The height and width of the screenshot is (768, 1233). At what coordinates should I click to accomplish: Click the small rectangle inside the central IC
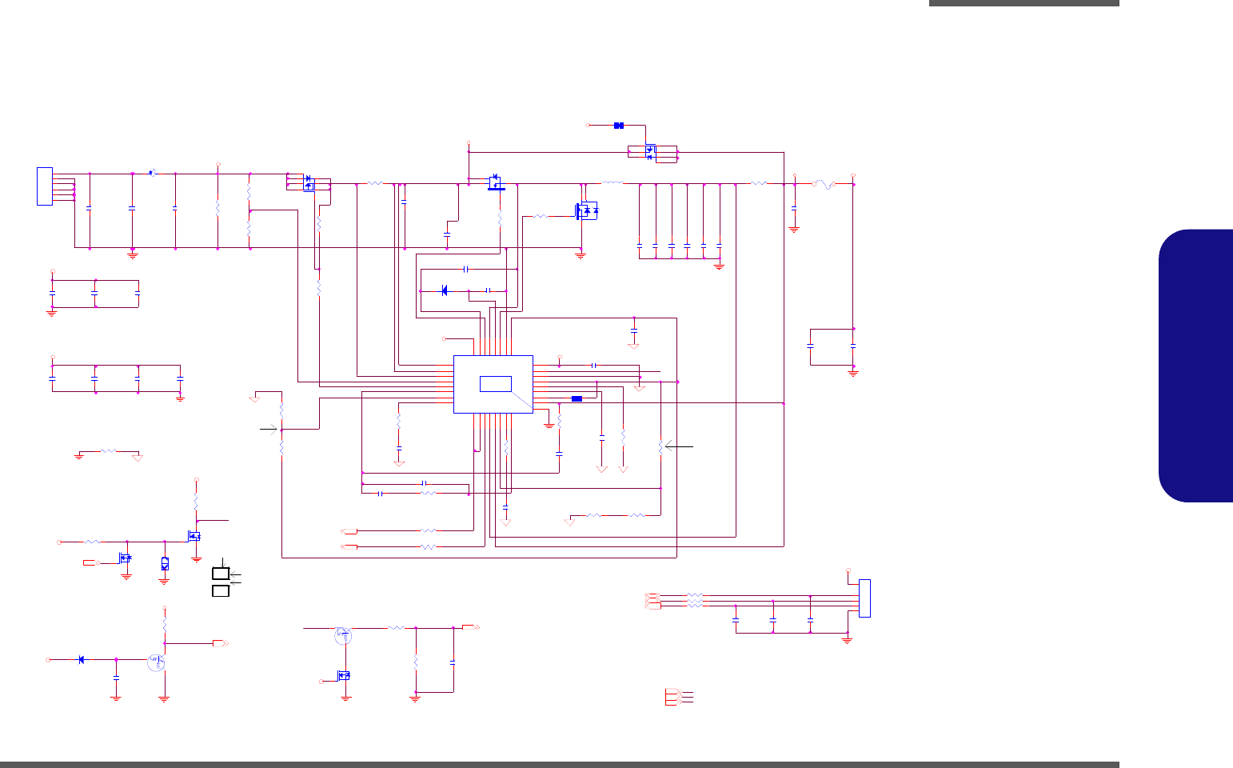tap(496, 383)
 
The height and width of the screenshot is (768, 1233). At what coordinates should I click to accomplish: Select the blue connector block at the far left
tap(45, 186)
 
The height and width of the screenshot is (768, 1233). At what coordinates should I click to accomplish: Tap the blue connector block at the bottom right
tap(864, 598)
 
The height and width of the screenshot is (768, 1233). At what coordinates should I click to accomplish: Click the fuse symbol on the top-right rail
tap(824, 185)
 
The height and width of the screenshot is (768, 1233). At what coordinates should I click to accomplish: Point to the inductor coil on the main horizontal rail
tap(612, 184)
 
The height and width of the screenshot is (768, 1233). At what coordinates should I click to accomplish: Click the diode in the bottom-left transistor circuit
tap(82, 659)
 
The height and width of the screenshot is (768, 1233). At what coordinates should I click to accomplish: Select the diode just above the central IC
tap(445, 290)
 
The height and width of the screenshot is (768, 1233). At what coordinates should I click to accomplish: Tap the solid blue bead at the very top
tap(618, 126)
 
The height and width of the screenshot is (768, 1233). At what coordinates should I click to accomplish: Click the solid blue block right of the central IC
tap(577, 398)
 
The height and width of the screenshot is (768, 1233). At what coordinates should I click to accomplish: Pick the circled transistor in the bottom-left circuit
tap(157, 662)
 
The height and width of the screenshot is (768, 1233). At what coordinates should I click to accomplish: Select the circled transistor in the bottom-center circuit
tap(343, 636)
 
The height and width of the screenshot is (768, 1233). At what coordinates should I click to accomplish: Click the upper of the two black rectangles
tap(221, 573)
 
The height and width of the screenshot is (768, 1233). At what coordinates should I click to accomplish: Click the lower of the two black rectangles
tap(221, 590)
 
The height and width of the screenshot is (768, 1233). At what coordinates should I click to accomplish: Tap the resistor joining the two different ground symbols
tap(108, 451)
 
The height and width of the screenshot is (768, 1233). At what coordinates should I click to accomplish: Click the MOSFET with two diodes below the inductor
tap(586, 211)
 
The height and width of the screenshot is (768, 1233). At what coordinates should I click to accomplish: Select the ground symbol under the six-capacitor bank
tap(719, 266)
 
